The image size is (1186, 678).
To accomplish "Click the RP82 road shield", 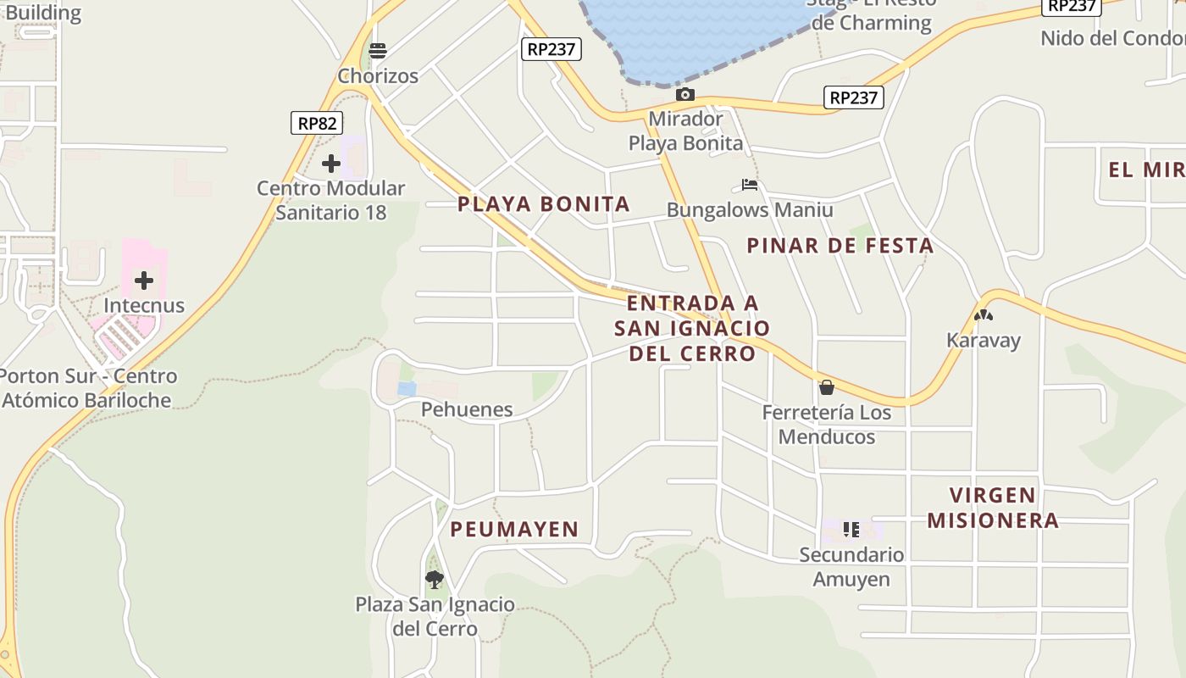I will (317, 123).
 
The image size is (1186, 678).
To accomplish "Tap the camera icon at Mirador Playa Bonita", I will (685, 94).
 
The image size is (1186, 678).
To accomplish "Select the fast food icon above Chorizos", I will (378, 51).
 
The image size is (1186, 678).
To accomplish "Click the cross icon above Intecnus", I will (144, 280).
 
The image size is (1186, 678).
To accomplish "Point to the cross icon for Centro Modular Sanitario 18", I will (331, 163).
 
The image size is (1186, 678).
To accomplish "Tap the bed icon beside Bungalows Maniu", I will (749, 185).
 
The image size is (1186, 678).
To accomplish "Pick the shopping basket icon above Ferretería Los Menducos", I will (827, 387).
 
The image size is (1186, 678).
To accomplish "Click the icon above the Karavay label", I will (983, 315).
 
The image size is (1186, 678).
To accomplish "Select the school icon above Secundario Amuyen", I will (851, 530).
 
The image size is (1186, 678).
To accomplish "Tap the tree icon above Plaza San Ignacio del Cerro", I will (435, 580).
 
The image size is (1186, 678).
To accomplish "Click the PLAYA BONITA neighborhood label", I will (544, 203).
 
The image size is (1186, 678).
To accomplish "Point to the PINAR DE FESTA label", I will (840, 246).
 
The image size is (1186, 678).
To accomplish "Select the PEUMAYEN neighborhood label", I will (514, 530).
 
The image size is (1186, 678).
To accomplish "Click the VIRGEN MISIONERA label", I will (993, 508).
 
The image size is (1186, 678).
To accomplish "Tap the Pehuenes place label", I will (467, 409).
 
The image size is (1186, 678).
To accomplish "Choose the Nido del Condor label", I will (1112, 38).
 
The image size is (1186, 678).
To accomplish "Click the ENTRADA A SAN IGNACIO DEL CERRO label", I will (692, 328).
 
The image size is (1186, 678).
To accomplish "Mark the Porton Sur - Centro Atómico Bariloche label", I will (87, 388).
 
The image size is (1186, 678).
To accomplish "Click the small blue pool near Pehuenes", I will (407, 389).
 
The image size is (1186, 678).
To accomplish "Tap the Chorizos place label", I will (378, 76).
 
